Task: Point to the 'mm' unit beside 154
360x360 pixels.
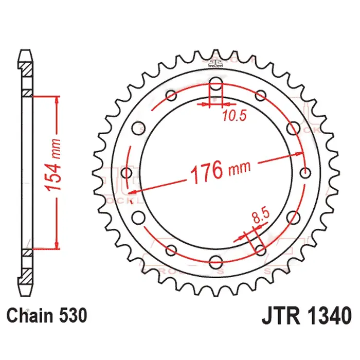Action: [x=55, y=149]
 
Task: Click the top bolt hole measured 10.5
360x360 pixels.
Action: [x=216, y=84]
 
